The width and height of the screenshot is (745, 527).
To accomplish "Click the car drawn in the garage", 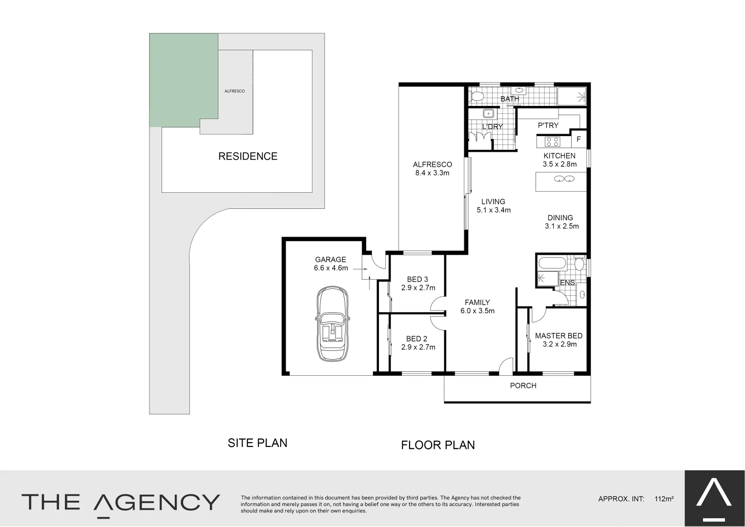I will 332,324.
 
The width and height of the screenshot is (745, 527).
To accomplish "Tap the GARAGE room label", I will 331,260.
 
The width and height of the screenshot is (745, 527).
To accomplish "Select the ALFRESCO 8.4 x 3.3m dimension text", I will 432,173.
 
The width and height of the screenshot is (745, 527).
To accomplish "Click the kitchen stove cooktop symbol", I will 553,142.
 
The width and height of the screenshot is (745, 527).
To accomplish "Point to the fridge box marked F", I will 579,140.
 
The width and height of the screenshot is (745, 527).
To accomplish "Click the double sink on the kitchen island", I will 564,179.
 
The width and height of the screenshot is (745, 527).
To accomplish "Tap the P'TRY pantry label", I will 548,126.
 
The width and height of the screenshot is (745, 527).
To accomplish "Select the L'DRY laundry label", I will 492,127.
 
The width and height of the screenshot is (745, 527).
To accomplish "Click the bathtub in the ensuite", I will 552,264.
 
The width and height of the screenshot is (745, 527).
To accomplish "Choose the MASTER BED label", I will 559,336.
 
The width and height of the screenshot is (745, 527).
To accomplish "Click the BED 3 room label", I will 417,280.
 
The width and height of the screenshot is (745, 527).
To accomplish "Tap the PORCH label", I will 523,385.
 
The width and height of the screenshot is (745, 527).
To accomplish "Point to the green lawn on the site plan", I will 183,78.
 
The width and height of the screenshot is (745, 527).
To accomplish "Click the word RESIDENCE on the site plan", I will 248,157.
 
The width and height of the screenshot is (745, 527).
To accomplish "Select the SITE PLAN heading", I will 257,443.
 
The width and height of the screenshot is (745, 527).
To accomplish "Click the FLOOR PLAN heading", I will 438,445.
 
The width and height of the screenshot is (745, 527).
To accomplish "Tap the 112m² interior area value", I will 664,499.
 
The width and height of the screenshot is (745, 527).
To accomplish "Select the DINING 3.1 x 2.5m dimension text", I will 561,226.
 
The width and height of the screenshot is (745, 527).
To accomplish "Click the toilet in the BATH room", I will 477,96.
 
